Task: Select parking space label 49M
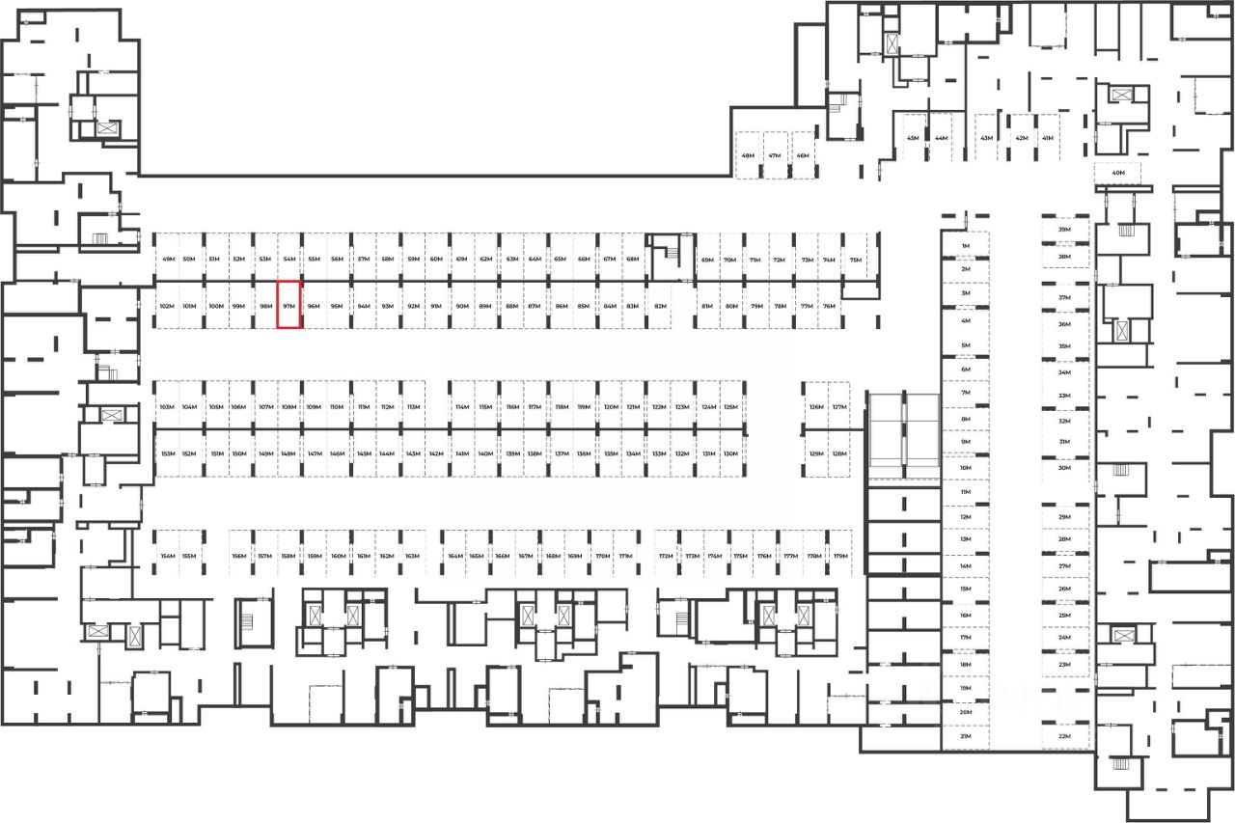tap(168, 261)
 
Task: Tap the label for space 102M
tap(166, 307)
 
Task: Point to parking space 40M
tap(1118, 174)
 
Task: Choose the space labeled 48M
tap(748, 155)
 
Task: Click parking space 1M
tap(965, 247)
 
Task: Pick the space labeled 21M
tap(965, 736)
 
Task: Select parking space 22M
tap(1065, 736)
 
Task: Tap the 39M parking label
tap(1065, 231)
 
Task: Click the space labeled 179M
tap(840, 557)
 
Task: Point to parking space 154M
tap(168, 557)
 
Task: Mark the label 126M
tap(816, 407)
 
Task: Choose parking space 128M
tap(839, 453)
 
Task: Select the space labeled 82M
tap(661, 307)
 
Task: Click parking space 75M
tap(855, 261)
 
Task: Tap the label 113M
tap(413, 407)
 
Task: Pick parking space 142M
tap(436, 453)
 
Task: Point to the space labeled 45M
tap(913, 138)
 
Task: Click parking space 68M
tap(633, 261)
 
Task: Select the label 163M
tap(412, 557)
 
